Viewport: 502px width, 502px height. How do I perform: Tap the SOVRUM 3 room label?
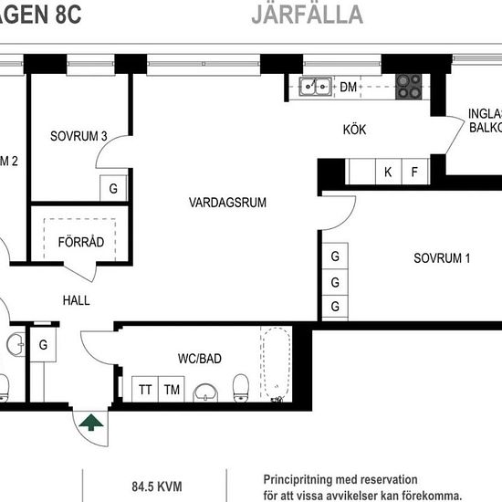coord(78,137)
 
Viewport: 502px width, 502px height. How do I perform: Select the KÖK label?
coord(354,131)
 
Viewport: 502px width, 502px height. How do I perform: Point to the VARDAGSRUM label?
coord(227,203)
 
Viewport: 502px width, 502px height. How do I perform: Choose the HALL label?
coord(77,299)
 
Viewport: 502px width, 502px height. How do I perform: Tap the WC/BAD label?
coord(200,357)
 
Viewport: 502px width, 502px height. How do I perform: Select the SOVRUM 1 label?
coord(441,258)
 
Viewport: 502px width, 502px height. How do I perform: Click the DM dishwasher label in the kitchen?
coord(348,88)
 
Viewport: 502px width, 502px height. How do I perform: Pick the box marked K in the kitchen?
coord(387,172)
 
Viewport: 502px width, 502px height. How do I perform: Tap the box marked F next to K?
coord(413,172)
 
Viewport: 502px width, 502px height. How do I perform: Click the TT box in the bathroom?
coord(145,390)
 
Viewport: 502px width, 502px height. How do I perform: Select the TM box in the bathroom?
coord(172,390)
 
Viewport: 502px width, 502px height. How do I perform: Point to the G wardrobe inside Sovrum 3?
coord(113,189)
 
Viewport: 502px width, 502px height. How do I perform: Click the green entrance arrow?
coord(90,422)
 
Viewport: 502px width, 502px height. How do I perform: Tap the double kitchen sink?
coord(316,87)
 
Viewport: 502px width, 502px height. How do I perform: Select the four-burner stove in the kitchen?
coord(408,87)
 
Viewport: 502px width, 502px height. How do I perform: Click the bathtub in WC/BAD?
coord(274,365)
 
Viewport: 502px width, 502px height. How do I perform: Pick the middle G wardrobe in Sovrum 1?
coord(336,281)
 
